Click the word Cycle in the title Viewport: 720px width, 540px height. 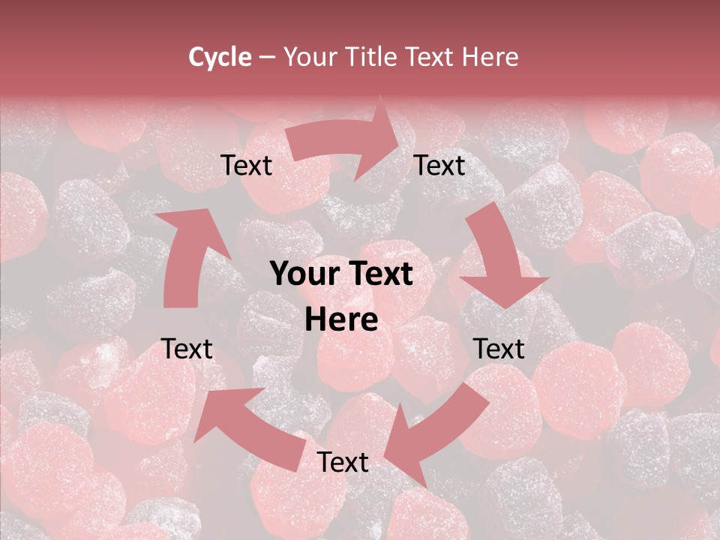[220, 57]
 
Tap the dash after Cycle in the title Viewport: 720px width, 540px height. [266, 57]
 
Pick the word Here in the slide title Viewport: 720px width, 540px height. [490, 57]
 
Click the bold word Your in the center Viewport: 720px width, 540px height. [306, 274]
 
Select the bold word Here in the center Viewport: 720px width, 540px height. [341, 320]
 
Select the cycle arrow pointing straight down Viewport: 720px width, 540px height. [499, 262]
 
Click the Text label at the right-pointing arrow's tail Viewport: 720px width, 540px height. [246, 166]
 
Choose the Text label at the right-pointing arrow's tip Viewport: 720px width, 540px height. [439, 166]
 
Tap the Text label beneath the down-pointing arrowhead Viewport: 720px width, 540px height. [499, 349]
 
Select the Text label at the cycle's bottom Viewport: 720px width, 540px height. [343, 463]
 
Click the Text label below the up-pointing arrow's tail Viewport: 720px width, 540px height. [187, 349]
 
